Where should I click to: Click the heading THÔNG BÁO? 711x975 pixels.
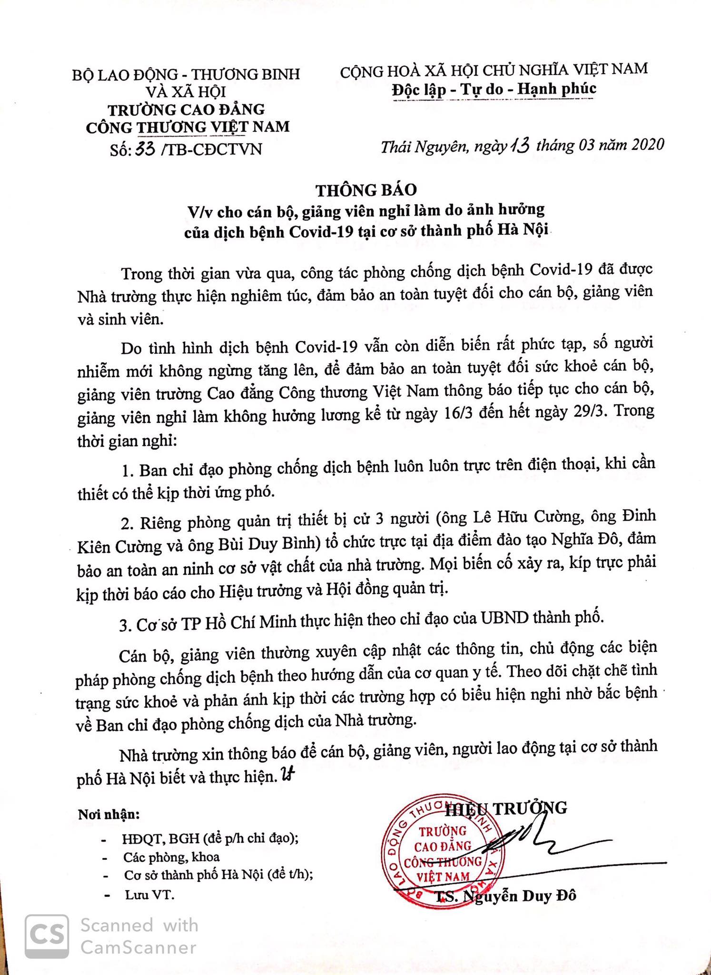click(366, 189)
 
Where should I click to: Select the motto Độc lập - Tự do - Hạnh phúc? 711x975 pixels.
click(494, 89)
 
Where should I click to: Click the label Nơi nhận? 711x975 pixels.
click(109, 815)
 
